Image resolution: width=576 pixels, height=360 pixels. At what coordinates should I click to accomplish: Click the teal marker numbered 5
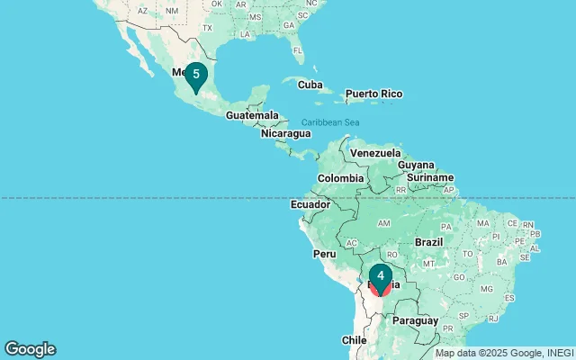[x=195, y=75]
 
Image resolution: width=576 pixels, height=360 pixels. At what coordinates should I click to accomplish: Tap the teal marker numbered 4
[x=381, y=276]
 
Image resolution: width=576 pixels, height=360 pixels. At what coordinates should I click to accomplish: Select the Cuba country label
[x=310, y=85]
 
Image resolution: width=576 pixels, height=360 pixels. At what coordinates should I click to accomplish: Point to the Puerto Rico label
[x=373, y=94]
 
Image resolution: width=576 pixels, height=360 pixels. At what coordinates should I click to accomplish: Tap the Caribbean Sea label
[x=330, y=122]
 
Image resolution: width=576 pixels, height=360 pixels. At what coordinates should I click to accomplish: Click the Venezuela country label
[x=373, y=153]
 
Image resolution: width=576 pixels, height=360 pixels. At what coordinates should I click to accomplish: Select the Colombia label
[x=340, y=178]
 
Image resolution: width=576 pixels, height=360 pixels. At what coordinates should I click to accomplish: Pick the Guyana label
[x=416, y=165]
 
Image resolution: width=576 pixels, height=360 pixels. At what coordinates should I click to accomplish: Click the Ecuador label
[x=310, y=205]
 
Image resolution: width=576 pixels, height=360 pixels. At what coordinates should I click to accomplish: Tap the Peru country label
[x=324, y=254]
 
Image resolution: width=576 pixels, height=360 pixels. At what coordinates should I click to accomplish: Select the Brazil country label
[x=429, y=242]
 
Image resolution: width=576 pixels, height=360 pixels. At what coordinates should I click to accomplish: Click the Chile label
[x=354, y=340]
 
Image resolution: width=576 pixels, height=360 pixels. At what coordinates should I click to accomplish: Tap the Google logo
[x=30, y=349]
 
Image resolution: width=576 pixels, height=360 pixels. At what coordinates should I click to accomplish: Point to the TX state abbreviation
[x=207, y=28]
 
